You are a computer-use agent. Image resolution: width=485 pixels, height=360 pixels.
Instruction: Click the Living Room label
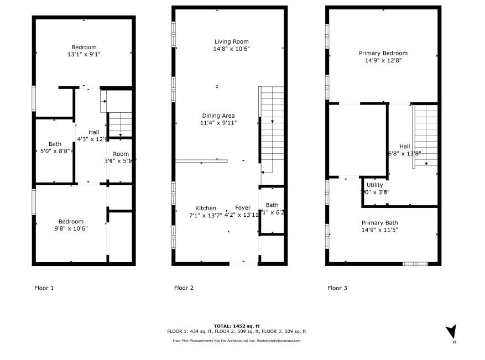[x=232, y=41]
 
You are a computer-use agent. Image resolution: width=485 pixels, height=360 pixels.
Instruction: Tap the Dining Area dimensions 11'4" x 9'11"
[x=218, y=123]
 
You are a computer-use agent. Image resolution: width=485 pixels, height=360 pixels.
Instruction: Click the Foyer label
[x=243, y=208]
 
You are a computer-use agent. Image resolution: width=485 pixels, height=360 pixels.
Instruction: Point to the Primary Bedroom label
[x=383, y=53]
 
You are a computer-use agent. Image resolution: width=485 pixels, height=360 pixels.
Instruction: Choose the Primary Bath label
[x=380, y=222]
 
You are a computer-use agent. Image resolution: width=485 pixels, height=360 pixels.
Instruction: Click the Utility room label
[x=374, y=185]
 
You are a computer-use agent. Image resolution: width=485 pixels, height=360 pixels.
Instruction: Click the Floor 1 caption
[x=44, y=288]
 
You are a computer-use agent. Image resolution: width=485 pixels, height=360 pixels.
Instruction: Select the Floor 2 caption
[x=184, y=288]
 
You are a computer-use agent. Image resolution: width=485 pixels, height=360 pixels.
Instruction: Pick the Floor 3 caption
[x=337, y=288]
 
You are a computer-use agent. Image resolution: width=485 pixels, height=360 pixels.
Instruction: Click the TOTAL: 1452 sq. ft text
[x=236, y=326]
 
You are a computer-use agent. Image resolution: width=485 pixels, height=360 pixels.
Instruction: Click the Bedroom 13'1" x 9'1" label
[x=84, y=47]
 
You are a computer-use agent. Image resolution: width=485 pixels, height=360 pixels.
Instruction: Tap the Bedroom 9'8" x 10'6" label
[x=71, y=222]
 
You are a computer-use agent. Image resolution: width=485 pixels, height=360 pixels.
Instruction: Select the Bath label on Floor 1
[x=55, y=144]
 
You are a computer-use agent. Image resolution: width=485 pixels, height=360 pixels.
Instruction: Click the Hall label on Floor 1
[x=93, y=132]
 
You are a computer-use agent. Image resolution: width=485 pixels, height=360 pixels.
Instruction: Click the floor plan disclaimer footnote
[x=236, y=341]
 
